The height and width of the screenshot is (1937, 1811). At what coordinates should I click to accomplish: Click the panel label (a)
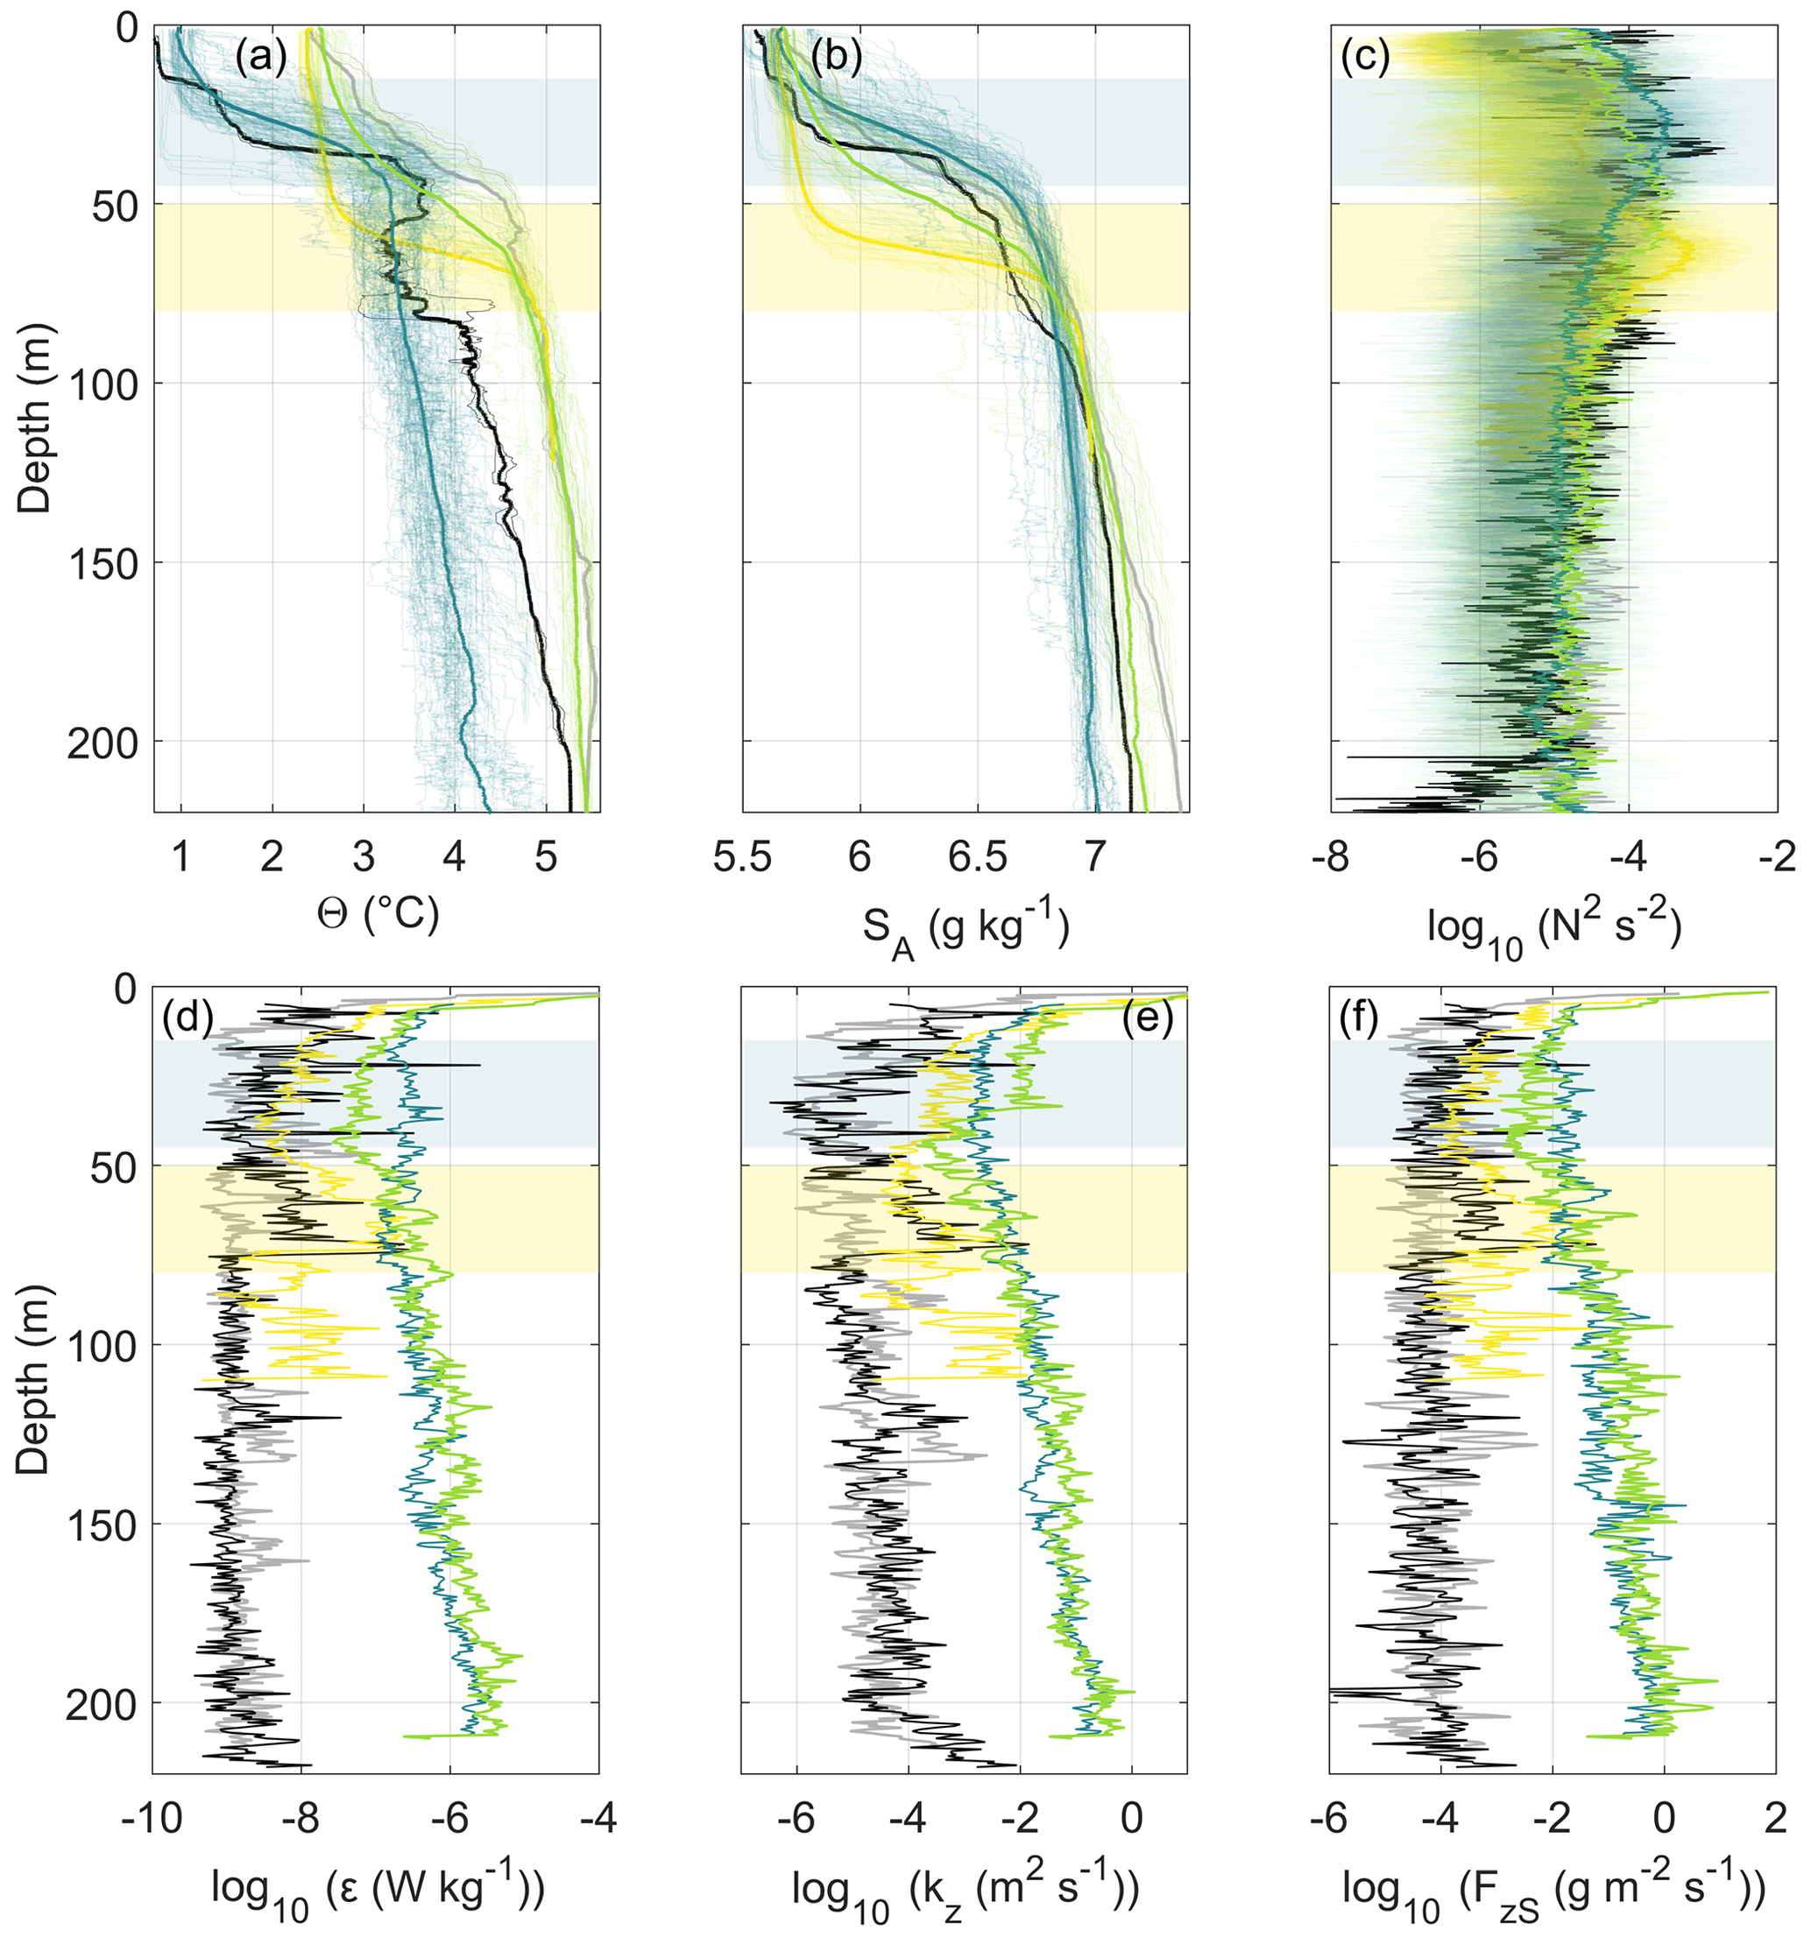tap(260, 60)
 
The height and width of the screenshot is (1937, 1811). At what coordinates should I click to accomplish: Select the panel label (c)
tap(1364, 60)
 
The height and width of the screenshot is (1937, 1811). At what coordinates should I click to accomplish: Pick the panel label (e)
tap(1147, 1019)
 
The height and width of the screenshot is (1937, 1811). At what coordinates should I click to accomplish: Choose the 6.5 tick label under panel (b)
tap(978, 856)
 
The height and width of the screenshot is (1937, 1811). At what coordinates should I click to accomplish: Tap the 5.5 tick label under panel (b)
tap(743, 856)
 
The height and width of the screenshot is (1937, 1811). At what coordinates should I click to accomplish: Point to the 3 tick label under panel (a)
tap(364, 856)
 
